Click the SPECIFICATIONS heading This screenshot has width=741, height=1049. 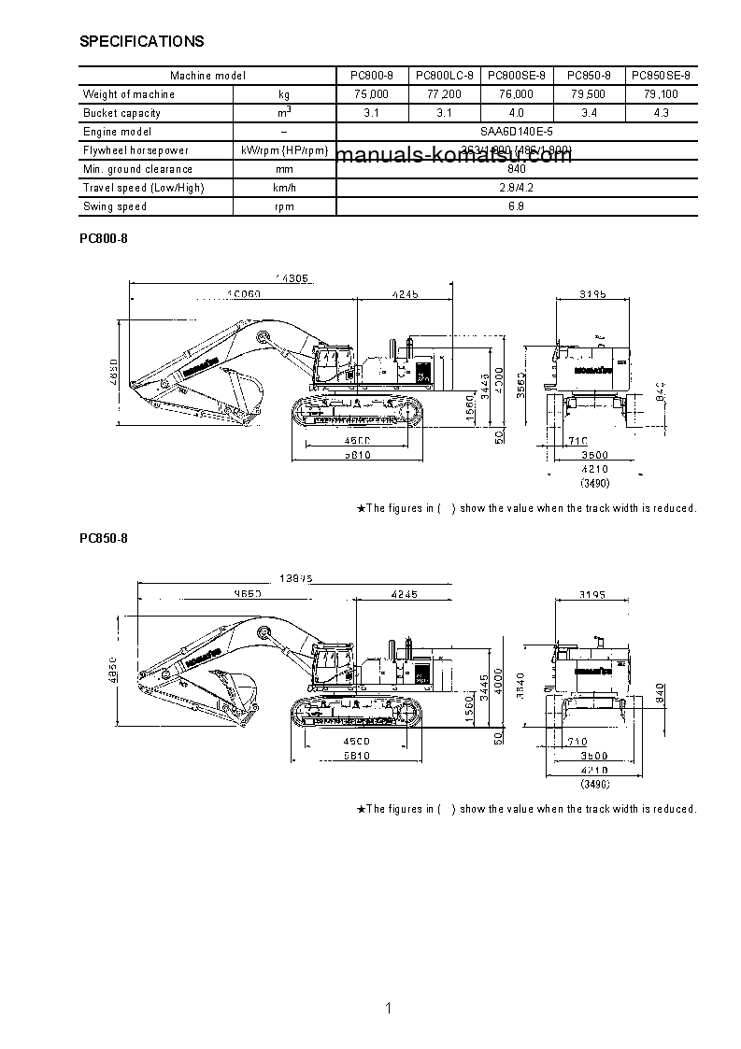142,42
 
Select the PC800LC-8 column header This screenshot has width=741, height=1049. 444,76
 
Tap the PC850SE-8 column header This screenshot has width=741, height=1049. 661,76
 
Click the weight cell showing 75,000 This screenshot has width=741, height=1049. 372,94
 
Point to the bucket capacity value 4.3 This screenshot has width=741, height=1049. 661,113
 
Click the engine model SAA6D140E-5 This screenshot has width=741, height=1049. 516,132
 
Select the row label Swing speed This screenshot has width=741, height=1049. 115,206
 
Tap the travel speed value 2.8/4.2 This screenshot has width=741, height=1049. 516,188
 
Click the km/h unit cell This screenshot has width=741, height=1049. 284,188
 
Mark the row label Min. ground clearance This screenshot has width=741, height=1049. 137,169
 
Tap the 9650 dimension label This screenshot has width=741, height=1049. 246,594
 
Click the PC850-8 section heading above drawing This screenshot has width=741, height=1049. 103,539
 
